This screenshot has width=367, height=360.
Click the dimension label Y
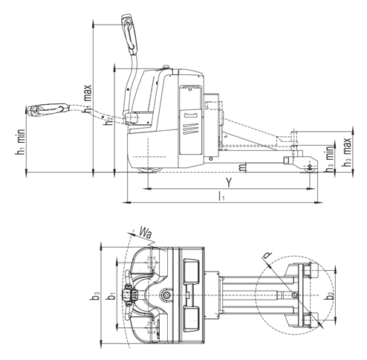click(230, 183)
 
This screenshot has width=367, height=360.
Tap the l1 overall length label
click(221, 196)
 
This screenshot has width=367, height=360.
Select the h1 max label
click(88, 99)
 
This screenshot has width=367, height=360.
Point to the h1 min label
click(20, 142)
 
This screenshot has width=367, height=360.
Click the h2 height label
click(108, 120)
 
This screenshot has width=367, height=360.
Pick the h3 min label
click(329, 159)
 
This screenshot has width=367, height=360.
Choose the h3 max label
click(346, 152)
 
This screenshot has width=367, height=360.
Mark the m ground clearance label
click(243, 167)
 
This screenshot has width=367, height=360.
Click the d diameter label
click(267, 255)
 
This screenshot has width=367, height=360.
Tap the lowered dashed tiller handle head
click(48, 110)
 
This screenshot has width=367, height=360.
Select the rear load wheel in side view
click(310, 168)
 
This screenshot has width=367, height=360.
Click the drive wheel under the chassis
click(150, 170)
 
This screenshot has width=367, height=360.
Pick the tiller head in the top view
click(131, 295)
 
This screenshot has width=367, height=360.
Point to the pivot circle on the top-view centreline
click(166, 295)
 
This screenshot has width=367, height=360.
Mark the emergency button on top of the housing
click(166, 67)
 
